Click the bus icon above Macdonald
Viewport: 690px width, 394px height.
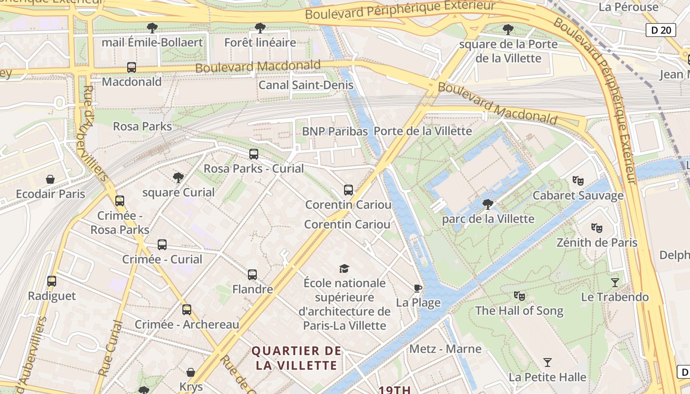132,67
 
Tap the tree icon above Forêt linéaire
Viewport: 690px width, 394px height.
260,28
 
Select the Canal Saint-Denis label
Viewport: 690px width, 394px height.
306,85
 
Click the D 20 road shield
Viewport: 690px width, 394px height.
660,30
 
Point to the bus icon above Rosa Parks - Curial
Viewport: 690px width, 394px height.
254,154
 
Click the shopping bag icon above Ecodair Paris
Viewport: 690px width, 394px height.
50,179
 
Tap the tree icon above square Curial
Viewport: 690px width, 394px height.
178,178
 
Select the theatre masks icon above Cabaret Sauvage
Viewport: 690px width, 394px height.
578,181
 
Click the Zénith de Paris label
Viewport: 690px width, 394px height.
597,243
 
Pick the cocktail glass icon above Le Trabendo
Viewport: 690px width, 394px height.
615,282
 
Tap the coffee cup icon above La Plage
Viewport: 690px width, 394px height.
418,288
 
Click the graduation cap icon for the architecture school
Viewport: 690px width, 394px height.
344,268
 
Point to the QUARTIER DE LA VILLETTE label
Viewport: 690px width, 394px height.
296,358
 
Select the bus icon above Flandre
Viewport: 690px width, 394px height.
252,274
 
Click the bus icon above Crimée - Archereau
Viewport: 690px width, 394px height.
187,310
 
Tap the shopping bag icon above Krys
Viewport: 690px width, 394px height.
191,372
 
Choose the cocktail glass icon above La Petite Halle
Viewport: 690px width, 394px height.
548,363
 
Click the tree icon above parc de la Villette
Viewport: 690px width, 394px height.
488,204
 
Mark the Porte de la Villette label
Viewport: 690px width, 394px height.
422,131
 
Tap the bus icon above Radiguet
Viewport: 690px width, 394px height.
52,281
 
